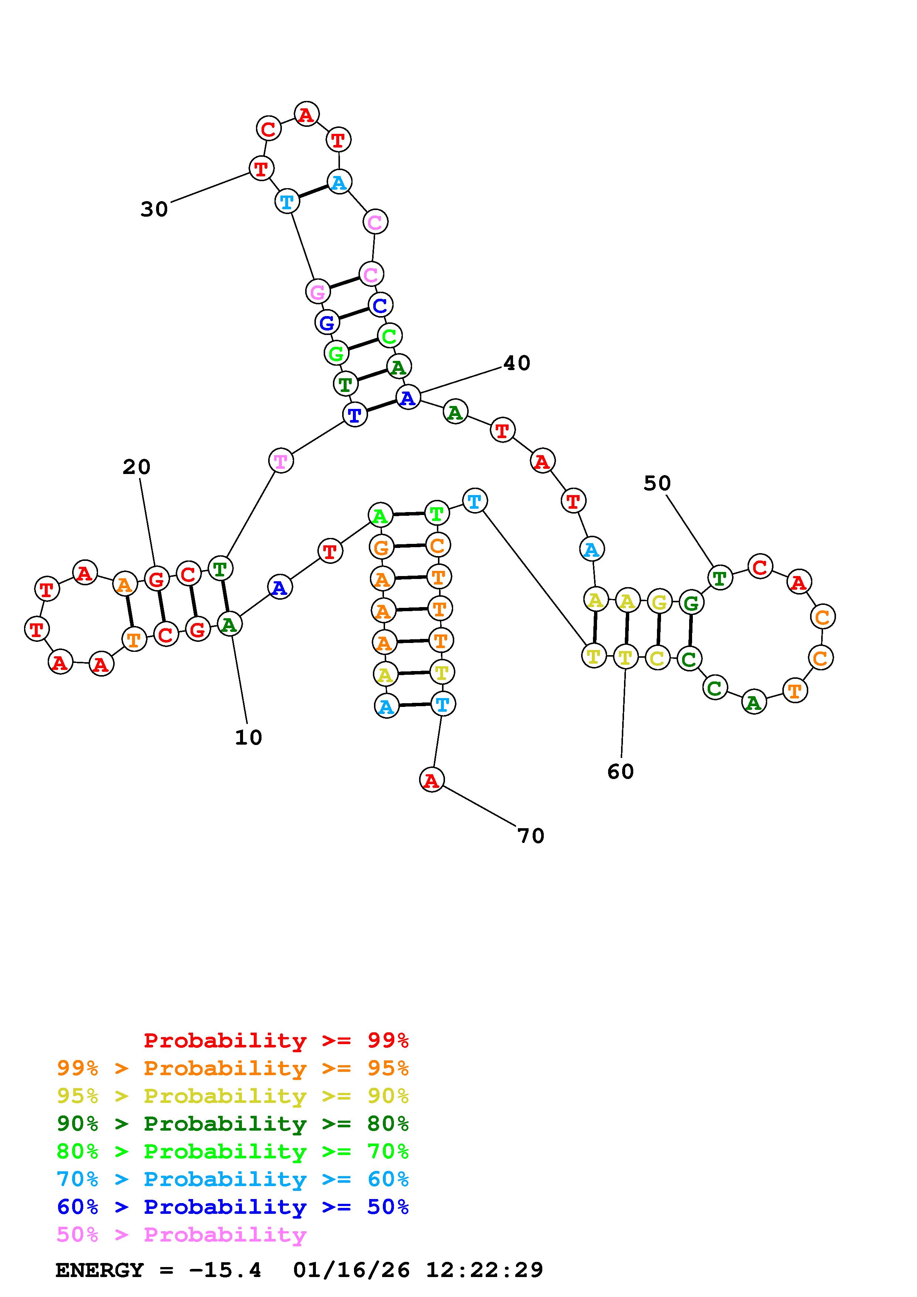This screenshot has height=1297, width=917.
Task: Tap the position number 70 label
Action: [x=530, y=836]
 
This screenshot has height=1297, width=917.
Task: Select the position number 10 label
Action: [x=248, y=738]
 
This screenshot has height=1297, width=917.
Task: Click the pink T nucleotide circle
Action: [x=281, y=461]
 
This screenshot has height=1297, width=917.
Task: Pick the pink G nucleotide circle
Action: [x=318, y=291]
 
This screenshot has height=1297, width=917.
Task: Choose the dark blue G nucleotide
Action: [x=327, y=322]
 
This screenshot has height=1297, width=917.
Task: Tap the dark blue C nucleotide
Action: [x=380, y=305]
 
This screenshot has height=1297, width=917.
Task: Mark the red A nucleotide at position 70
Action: [x=432, y=780]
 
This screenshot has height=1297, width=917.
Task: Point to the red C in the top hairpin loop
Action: [x=269, y=129]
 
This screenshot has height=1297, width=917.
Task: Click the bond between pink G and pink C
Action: [x=344, y=283]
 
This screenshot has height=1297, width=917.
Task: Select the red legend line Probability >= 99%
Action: [x=276, y=1040]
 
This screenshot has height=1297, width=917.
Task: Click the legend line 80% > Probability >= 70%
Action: [x=233, y=1151]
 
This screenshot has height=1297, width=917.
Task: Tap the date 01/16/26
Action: [x=351, y=1270]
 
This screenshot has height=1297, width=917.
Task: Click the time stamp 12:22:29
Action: [x=484, y=1270]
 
